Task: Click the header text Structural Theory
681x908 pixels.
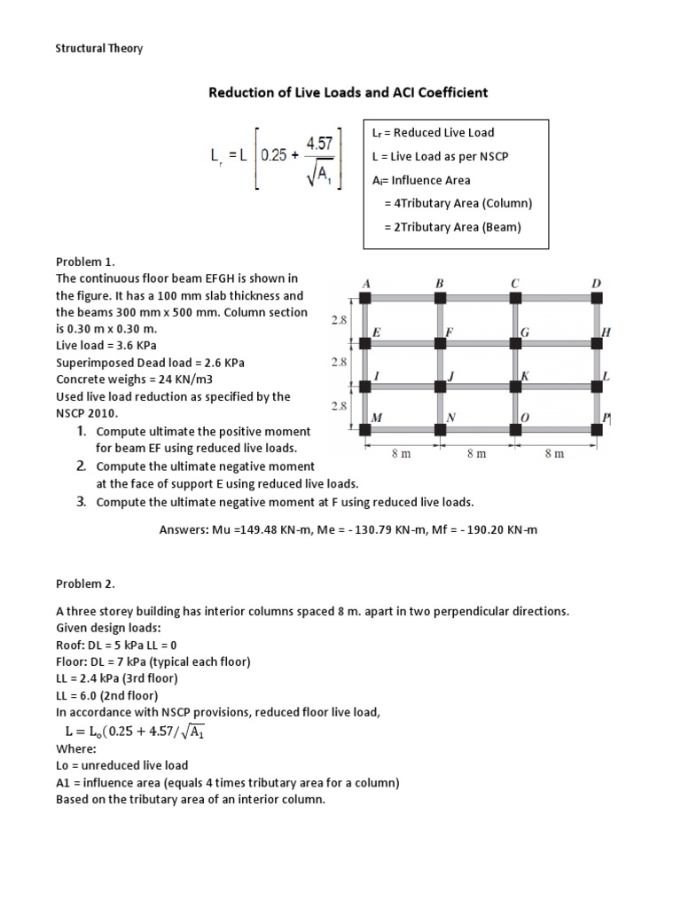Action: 99,49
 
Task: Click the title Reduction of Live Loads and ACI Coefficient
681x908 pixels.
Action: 348,92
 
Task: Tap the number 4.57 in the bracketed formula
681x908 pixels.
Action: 320,143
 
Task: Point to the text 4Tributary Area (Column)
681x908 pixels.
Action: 458,203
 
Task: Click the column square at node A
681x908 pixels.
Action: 364,297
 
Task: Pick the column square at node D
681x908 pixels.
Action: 597,297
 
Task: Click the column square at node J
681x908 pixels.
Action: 441,387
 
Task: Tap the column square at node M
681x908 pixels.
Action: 364,430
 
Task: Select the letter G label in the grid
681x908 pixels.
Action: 525,333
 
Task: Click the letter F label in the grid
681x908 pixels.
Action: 449,333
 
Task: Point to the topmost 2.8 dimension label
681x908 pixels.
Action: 340,320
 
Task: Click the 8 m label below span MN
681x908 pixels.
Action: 402,453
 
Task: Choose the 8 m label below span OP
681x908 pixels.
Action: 554,453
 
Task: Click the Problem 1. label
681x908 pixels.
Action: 85,262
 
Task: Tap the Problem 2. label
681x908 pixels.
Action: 85,583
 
